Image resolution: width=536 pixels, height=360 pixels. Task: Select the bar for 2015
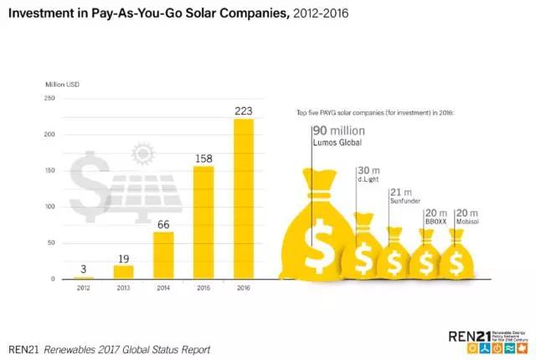pyautogui.click(x=204, y=222)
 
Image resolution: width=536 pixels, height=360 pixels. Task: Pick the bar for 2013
pyautogui.click(x=124, y=272)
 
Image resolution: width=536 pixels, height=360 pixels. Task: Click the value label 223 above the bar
pyautogui.click(x=243, y=111)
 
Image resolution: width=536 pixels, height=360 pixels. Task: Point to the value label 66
pyautogui.click(x=163, y=224)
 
